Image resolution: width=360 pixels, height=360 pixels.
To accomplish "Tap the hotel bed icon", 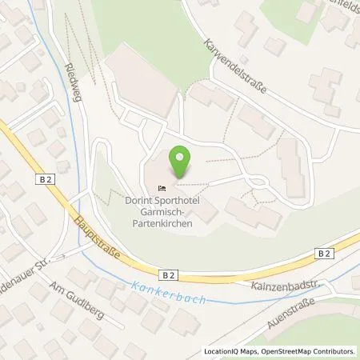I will point(174,187).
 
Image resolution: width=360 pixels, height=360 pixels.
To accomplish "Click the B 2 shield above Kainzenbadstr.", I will point(323,254).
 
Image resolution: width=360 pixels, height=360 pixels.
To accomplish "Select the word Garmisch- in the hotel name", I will point(165,211).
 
